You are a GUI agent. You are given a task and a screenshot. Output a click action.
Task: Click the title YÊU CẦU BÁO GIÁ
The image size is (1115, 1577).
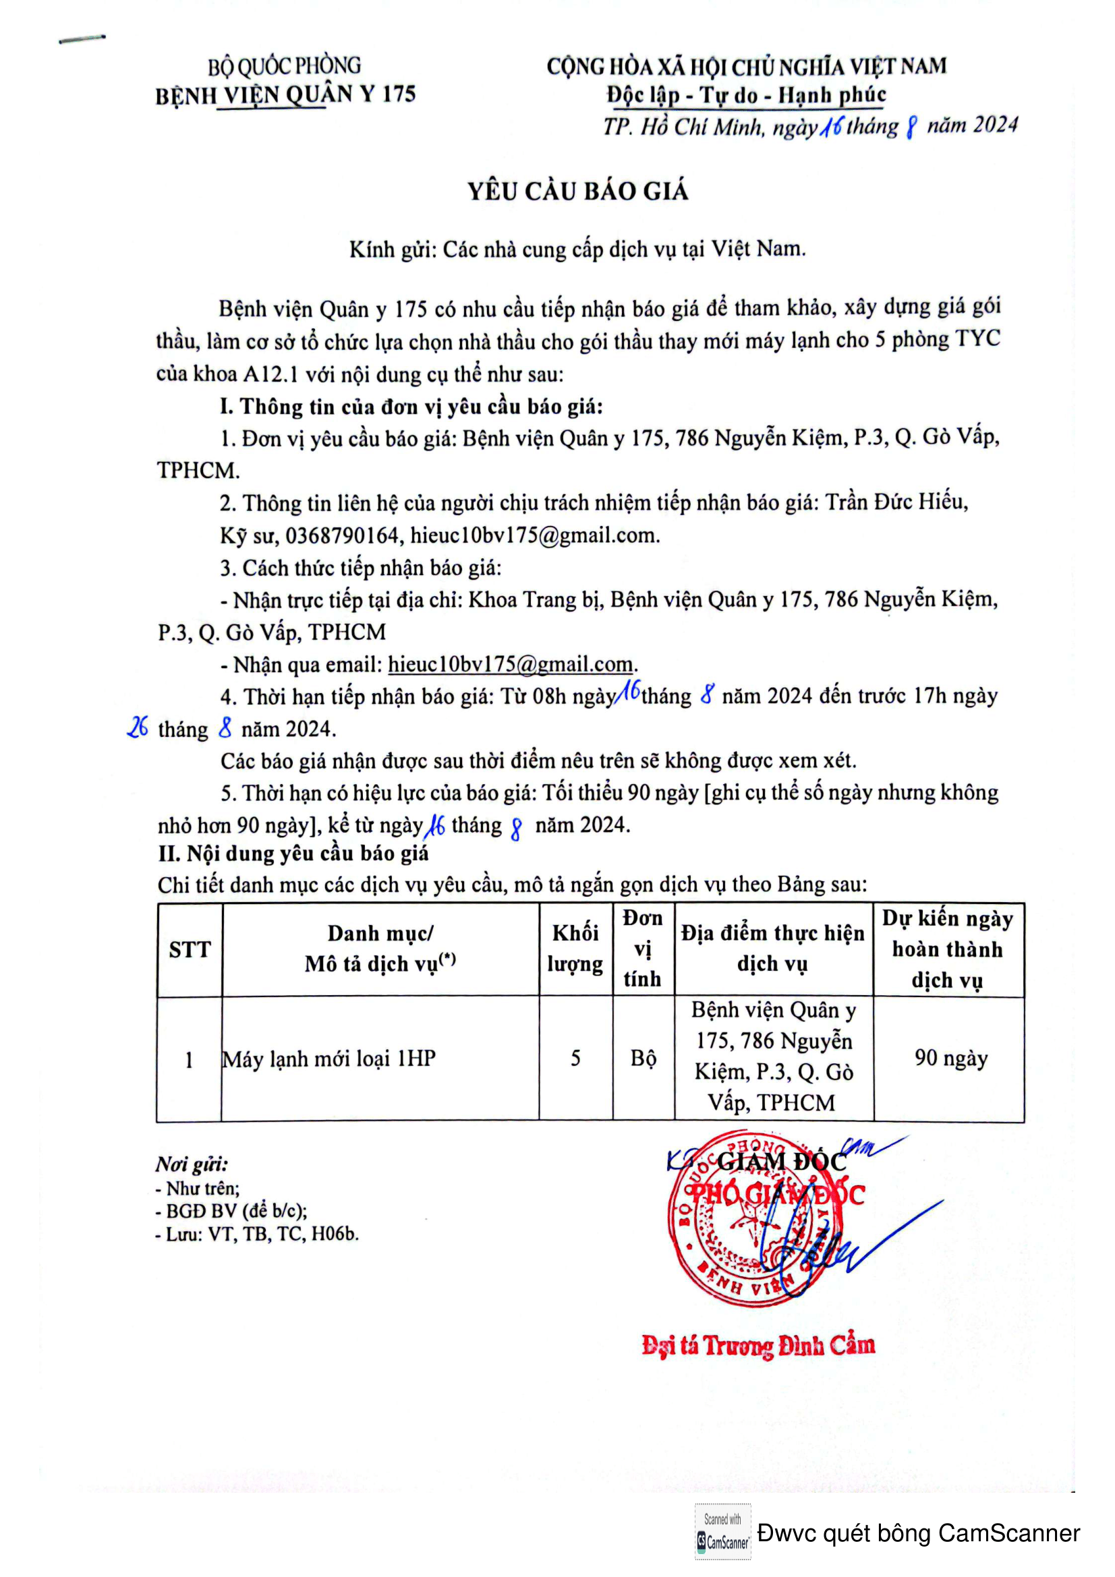[578, 191]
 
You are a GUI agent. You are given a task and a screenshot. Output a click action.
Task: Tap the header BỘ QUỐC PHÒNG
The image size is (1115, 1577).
[285, 66]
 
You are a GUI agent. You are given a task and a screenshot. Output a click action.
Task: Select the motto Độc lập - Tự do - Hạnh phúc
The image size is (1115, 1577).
[746, 95]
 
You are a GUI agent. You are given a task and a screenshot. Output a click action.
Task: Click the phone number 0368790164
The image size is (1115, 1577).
[342, 535]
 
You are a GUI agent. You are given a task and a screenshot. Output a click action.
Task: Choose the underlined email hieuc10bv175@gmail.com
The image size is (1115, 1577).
[511, 663]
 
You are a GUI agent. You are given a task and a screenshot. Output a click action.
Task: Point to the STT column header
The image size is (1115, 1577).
[190, 949]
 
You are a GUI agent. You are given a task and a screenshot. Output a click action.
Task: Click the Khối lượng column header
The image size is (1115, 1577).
[575, 949]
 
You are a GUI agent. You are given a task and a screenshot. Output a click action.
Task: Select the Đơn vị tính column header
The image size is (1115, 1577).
[642, 949]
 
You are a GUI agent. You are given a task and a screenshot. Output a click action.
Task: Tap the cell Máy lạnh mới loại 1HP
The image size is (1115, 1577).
[329, 1059]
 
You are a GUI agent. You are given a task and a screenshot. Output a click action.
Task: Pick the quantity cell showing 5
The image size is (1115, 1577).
[575, 1058]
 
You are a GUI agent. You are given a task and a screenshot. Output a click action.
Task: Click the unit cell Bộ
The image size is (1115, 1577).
[643, 1059]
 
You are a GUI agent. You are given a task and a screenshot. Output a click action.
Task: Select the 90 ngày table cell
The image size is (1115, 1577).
[951, 1058]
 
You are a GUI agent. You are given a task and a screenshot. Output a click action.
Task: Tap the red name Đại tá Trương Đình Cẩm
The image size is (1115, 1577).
[758, 1345]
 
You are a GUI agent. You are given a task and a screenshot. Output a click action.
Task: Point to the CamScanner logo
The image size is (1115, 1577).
[722, 1533]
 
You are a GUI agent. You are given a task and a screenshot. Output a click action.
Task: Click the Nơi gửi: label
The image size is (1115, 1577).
[192, 1164]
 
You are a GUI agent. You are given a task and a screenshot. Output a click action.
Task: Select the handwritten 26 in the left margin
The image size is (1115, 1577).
[138, 727]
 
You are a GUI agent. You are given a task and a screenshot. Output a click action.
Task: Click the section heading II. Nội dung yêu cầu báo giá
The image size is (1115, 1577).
[293, 854]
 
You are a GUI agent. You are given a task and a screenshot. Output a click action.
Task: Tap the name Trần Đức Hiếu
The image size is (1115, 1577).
[896, 503]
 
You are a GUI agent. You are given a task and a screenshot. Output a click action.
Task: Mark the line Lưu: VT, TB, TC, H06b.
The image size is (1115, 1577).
[258, 1234]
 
